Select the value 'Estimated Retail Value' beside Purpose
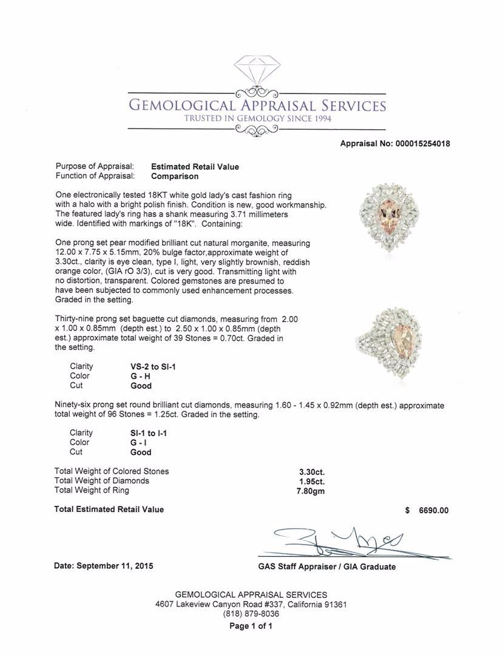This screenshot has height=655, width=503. pos(195,167)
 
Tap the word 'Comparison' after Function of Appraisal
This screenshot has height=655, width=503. pos(175,176)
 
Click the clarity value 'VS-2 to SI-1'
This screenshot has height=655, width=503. pos(149,366)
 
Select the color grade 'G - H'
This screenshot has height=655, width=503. pos(140,376)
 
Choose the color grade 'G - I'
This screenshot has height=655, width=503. pos(140,443)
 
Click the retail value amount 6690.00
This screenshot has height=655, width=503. pos(434,511)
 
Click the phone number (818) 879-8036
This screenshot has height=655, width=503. pos(251,614)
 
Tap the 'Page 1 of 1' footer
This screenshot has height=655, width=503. pos(251,626)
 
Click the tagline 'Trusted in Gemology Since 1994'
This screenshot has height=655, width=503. pos(258,118)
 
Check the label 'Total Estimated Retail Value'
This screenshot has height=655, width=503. pos(109,509)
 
